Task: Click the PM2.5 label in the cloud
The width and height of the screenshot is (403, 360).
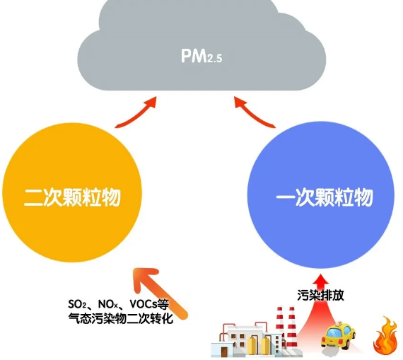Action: [x=201, y=56]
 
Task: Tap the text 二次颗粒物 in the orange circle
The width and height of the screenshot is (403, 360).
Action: [x=72, y=197]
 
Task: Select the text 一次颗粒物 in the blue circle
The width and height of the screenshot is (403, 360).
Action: [x=325, y=197]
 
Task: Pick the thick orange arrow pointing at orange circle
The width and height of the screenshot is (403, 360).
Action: [x=160, y=293]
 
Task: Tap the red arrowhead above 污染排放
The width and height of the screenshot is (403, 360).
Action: [x=321, y=279]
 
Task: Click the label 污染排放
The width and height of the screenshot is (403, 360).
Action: [x=320, y=295]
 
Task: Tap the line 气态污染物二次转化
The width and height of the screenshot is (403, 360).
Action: [x=120, y=318]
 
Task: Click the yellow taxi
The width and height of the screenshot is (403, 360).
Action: [x=338, y=335]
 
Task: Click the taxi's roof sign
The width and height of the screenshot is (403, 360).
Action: [x=340, y=323]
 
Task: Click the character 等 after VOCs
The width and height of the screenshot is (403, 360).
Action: [x=163, y=304]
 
